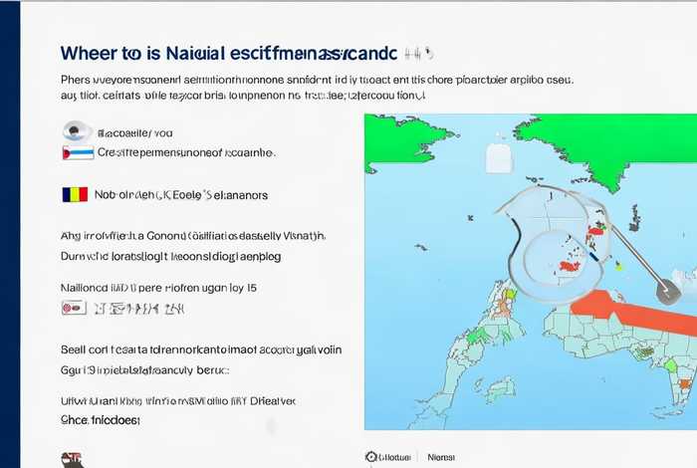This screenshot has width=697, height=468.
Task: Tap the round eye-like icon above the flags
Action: click(x=76, y=130)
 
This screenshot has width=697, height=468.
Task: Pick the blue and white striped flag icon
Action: click(x=78, y=152)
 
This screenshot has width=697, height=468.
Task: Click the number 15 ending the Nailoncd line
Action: click(x=250, y=288)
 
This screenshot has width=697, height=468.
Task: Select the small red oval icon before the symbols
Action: click(x=72, y=309)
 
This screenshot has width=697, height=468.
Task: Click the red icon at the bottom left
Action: click(x=72, y=459)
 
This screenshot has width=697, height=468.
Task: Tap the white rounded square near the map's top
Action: click(x=497, y=156)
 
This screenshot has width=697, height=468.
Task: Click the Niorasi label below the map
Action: click(x=441, y=457)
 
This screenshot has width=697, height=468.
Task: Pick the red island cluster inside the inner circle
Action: click(x=571, y=265)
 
